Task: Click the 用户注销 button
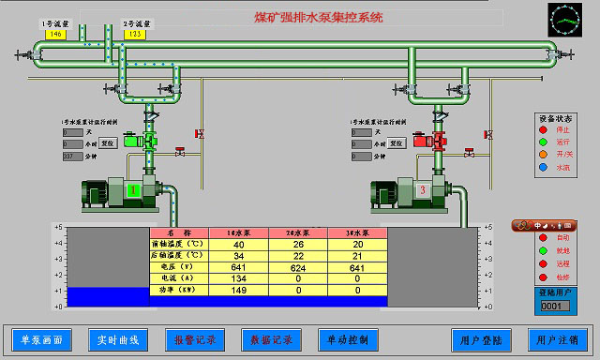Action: pyautogui.click(x=558, y=338)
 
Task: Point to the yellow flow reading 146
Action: pyautogui.click(x=55, y=34)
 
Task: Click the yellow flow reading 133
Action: pyautogui.click(x=134, y=34)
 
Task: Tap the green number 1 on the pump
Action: pyautogui.click(x=133, y=191)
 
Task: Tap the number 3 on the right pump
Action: pyautogui.click(x=423, y=191)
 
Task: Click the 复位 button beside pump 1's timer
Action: pyautogui.click(x=108, y=144)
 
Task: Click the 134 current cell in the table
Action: pyautogui.click(x=238, y=278)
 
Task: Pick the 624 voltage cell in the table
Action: pyautogui.click(x=298, y=266)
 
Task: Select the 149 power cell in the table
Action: pyautogui.click(x=238, y=291)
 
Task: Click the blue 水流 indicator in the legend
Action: pyautogui.click(x=543, y=168)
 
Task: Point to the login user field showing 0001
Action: pyautogui.click(x=550, y=306)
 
